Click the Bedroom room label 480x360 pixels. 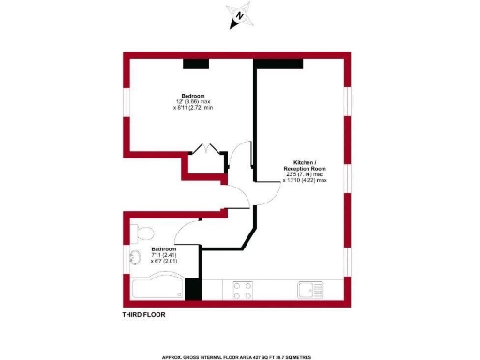tap(194, 96)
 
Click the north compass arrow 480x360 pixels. tap(240, 16)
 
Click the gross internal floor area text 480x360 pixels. tap(240, 357)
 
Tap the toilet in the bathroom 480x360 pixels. tap(143, 231)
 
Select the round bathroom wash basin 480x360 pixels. tap(130, 262)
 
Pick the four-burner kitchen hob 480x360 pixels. tap(244, 289)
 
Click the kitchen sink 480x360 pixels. tap(309, 289)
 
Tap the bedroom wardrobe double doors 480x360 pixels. tap(206, 150)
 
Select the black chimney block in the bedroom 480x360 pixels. tap(196, 64)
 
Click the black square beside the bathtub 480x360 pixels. tap(193, 290)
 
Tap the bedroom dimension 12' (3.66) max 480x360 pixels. tap(194, 102)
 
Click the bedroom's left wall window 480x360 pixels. tap(127, 103)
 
